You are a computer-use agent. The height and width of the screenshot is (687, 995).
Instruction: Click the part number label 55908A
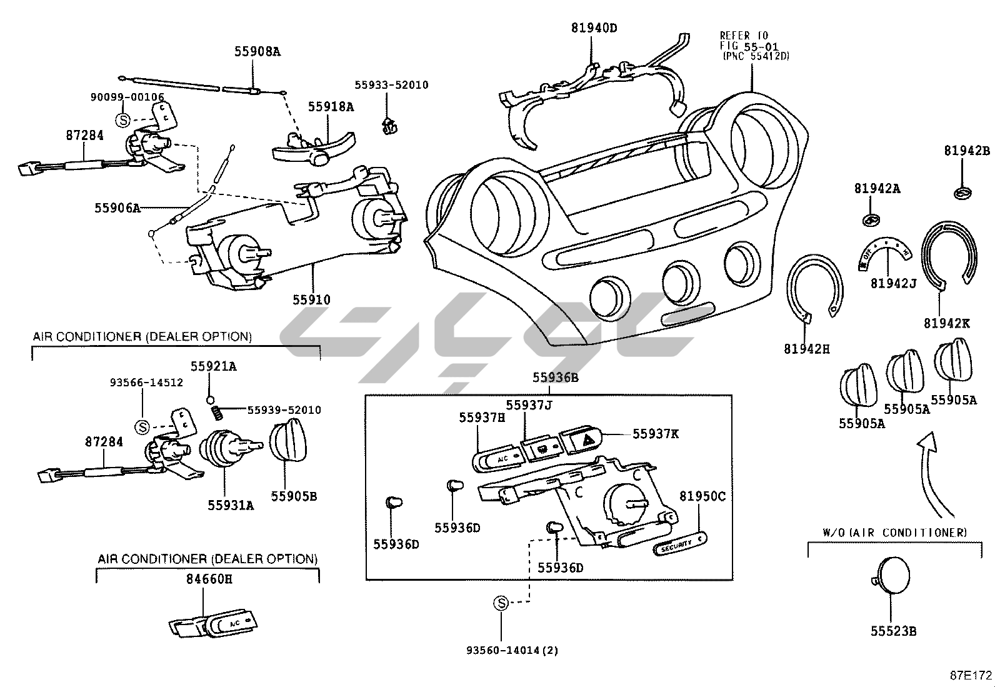click(257, 52)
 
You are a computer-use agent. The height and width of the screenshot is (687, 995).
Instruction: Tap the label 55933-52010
click(391, 85)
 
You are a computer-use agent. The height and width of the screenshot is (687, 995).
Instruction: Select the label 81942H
click(807, 349)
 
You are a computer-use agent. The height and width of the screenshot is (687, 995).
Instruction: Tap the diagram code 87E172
click(971, 675)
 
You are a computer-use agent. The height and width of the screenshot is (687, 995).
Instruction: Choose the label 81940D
click(594, 28)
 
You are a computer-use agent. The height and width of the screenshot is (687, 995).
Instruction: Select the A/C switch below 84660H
click(231, 624)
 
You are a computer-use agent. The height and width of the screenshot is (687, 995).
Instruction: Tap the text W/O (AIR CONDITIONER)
click(894, 533)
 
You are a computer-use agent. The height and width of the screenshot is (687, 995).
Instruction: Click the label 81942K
click(947, 323)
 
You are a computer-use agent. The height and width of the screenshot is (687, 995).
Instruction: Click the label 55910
click(311, 300)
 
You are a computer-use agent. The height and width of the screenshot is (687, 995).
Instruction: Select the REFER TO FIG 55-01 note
click(754, 46)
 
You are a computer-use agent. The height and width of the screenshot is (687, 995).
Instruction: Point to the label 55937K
click(655, 434)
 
